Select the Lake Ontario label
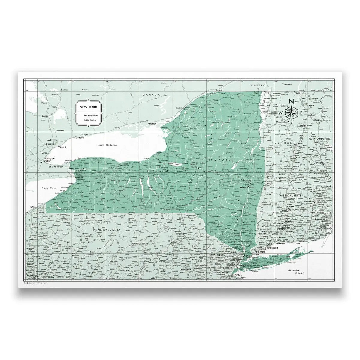point(106,145)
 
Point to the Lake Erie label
point(49,188)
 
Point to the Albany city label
point(245,187)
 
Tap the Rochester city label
point(123,165)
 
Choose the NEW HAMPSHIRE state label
point(320,139)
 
